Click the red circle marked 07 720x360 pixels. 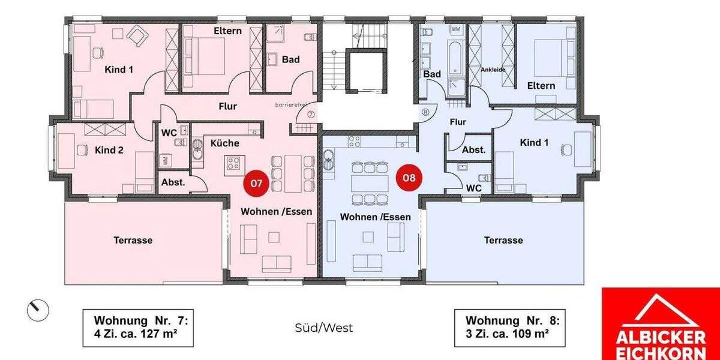pyautogui.click(x=256, y=184)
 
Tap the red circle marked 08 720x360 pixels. pyautogui.click(x=409, y=178)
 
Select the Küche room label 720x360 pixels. pyautogui.click(x=225, y=143)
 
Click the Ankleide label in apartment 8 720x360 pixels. pyautogui.click(x=493, y=70)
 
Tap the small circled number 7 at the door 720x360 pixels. pyautogui.click(x=310, y=114)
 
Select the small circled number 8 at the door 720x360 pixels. pyautogui.click(x=425, y=112)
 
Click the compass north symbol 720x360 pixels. pyautogui.click(x=38, y=310)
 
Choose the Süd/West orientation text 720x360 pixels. pyautogui.click(x=324, y=328)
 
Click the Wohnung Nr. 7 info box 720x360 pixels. pyautogui.click(x=137, y=328)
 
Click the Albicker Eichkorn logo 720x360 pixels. pyautogui.click(x=660, y=324)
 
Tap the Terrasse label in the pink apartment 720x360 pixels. pyautogui.click(x=133, y=240)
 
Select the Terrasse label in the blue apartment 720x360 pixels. pyautogui.click(x=503, y=240)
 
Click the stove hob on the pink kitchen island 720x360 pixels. pyautogui.click(x=233, y=163)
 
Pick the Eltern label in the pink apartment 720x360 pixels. pyautogui.click(x=227, y=31)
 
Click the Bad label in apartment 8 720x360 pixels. pyautogui.click(x=432, y=74)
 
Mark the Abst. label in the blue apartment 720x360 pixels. pyautogui.click(x=473, y=150)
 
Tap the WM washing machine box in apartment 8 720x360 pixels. pyautogui.click(x=456, y=29)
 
